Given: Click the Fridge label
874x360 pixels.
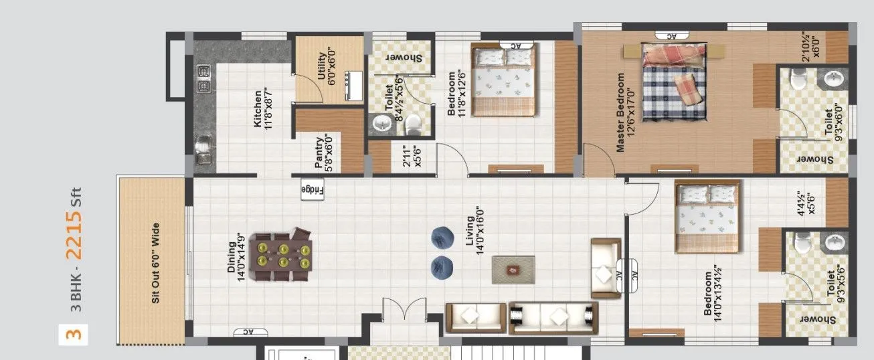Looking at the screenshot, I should coord(312,190).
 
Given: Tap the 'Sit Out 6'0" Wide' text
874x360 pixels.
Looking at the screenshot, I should coord(155,263).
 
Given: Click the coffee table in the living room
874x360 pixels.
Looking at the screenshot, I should coord(513,270).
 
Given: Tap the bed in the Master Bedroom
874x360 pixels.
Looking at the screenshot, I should coord(674,82).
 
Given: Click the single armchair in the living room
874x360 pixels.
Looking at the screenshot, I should coord(605,268).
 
